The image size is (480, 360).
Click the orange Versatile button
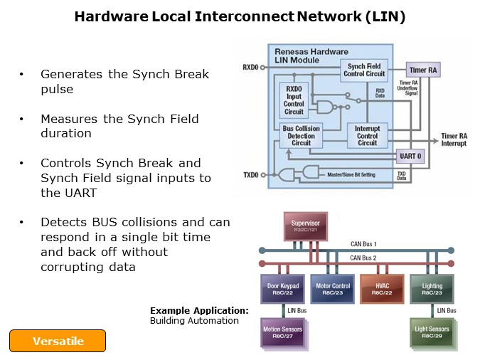click(x=58, y=341)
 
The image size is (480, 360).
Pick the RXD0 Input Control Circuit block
click(x=294, y=103)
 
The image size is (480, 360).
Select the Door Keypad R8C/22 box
click(x=282, y=290)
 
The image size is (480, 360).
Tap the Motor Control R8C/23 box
click(x=332, y=290)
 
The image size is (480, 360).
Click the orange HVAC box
click(x=383, y=290)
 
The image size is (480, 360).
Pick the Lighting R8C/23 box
click(x=432, y=290)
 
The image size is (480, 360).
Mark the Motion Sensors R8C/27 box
click(x=282, y=333)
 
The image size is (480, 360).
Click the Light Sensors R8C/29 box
click(x=432, y=333)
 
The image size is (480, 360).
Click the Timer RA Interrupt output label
click(x=454, y=139)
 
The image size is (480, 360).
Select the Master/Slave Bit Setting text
click(x=356, y=174)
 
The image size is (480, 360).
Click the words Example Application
click(x=199, y=311)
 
